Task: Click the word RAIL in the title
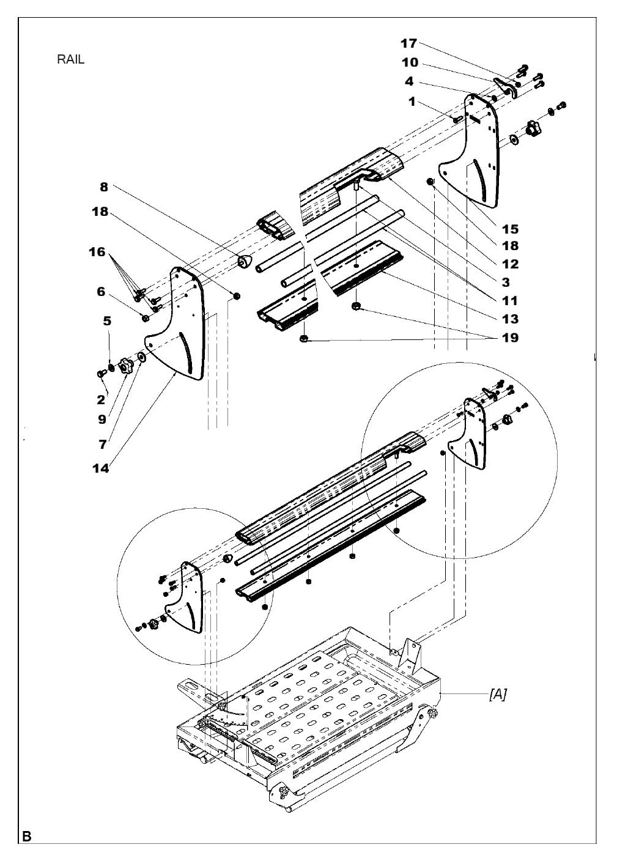(70, 60)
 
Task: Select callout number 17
(408, 43)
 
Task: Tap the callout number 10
(409, 62)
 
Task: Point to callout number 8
(104, 188)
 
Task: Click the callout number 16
(97, 251)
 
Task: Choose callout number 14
(101, 468)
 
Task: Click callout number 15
(510, 229)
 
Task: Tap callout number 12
(510, 264)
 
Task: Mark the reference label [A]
(497, 695)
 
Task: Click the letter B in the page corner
(27, 835)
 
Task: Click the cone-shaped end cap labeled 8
(245, 261)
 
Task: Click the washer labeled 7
(141, 357)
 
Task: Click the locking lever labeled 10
(504, 86)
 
